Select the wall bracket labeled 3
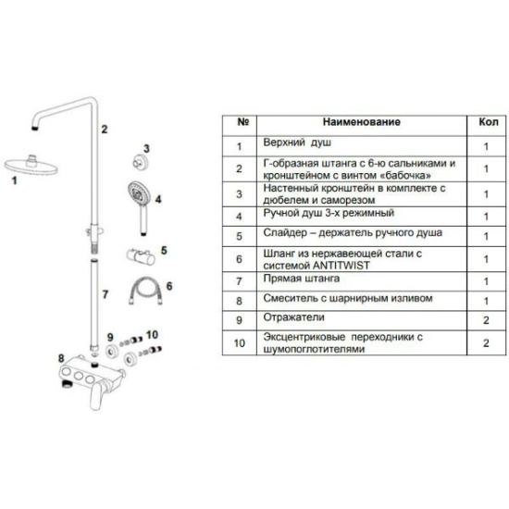pyautogui.click(x=141, y=161)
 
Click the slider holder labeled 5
pyautogui.click(x=141, y=256)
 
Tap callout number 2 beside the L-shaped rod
pyautogui.click(x=105, y=130)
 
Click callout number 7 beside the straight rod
pyautogui.click(x=106, y=294)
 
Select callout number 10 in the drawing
pyautogui.click(x=152, y=334)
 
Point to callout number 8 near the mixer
pyautogui.click(x=61, y=358)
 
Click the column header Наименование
pyautogui.click(x=362, y=122)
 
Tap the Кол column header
pyautogui.click(x=489, y=122)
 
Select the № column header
pyautogui.click(x=243, y=122)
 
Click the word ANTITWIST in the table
pyautogui.click(x=341, y=266)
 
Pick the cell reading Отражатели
pyautogui.click(x=293, y=317)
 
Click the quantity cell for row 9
pyautogui.click(x=486, y=320)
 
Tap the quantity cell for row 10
pyautogui.click(x=486, y=342)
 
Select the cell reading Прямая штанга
pyautogui.click(x=302, y=279)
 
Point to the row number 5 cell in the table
pyautogui.click(x=240, y=236)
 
